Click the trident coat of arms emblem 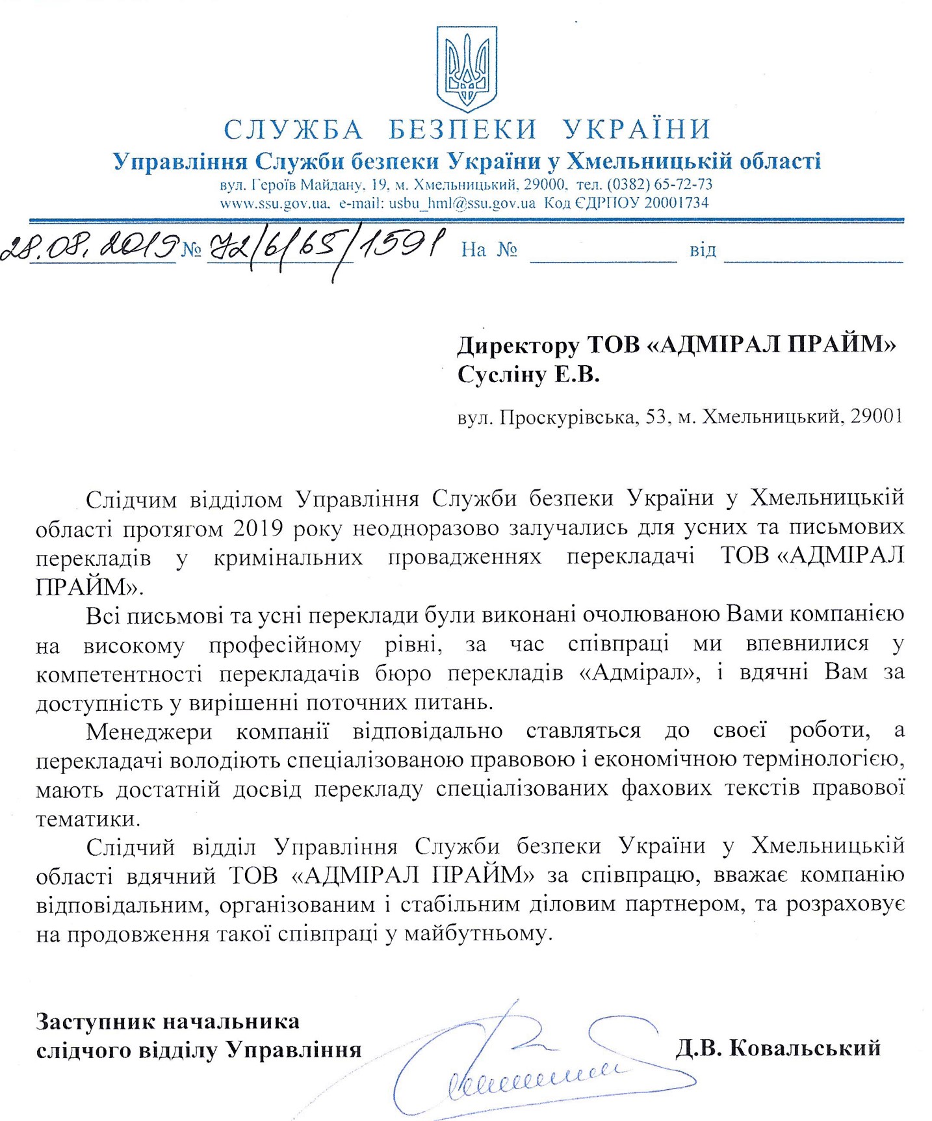(x=467, y=68)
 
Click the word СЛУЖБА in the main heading (x=294, y=130)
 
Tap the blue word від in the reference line (x=703, y=250)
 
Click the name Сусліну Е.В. (x=528, y=375)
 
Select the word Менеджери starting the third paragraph (x=149, y=730)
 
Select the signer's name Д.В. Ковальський (x=778, y=1048)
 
